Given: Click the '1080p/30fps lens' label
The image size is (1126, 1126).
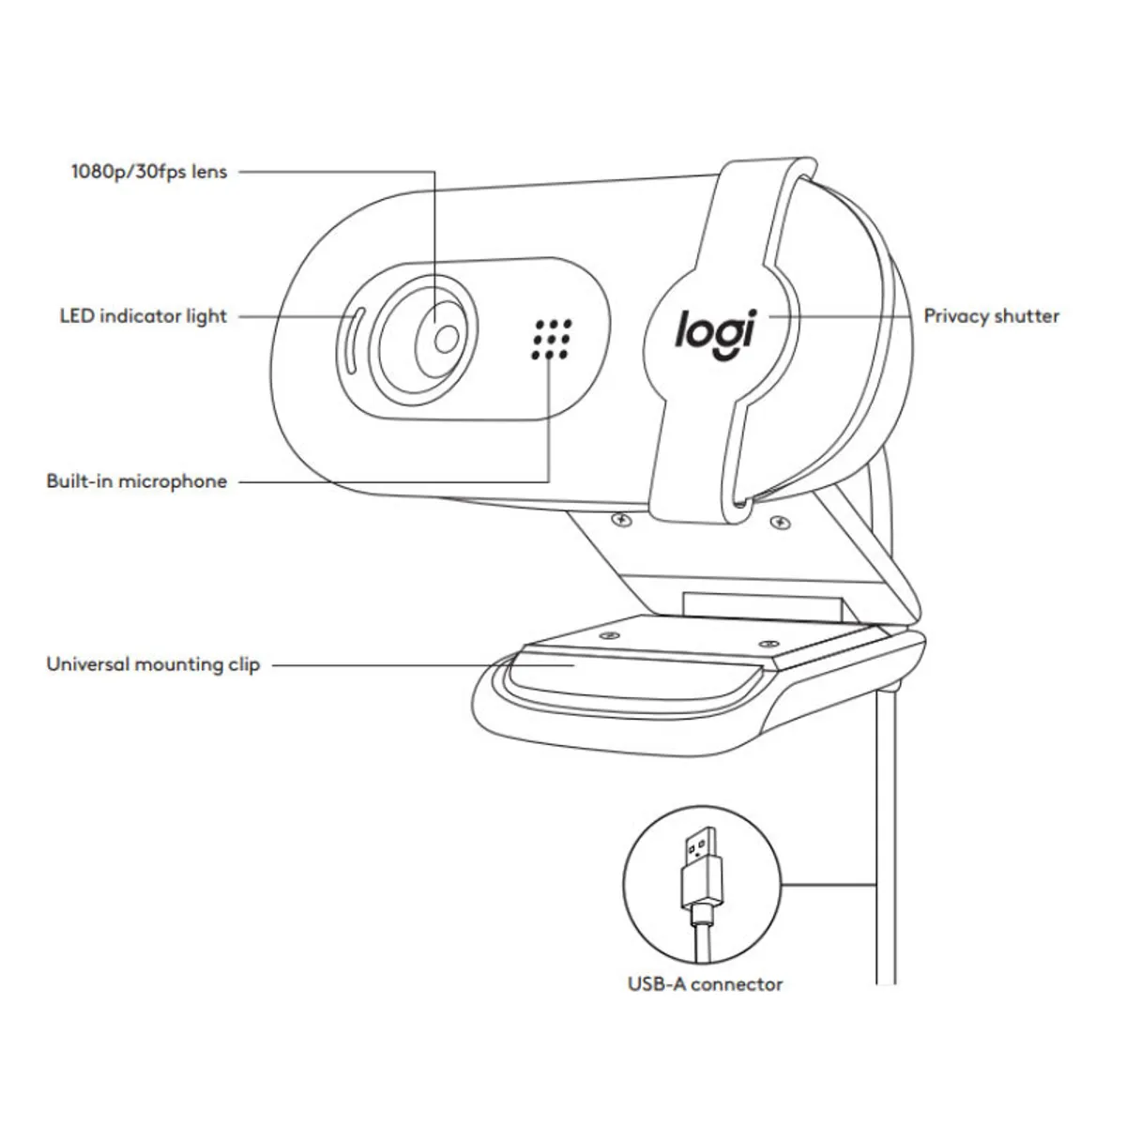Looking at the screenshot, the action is (149, 172).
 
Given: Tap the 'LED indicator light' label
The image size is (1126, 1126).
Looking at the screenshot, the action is (144, 316).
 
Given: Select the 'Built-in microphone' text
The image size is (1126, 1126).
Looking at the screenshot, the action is (137, 481).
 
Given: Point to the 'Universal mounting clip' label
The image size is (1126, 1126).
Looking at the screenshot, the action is (153, 665).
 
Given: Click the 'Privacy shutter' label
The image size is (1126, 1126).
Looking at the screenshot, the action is (991, 316).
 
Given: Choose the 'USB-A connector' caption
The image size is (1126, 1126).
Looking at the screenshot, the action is (705, 984).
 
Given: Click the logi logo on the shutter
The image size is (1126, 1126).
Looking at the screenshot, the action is (714, 333).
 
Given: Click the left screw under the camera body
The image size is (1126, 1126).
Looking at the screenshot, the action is (619, 519).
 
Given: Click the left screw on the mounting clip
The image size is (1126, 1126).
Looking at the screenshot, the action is (612, 635).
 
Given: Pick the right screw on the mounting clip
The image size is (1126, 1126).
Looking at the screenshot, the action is (767, 644).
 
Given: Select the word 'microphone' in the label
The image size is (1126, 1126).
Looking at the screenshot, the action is (173, 481).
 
